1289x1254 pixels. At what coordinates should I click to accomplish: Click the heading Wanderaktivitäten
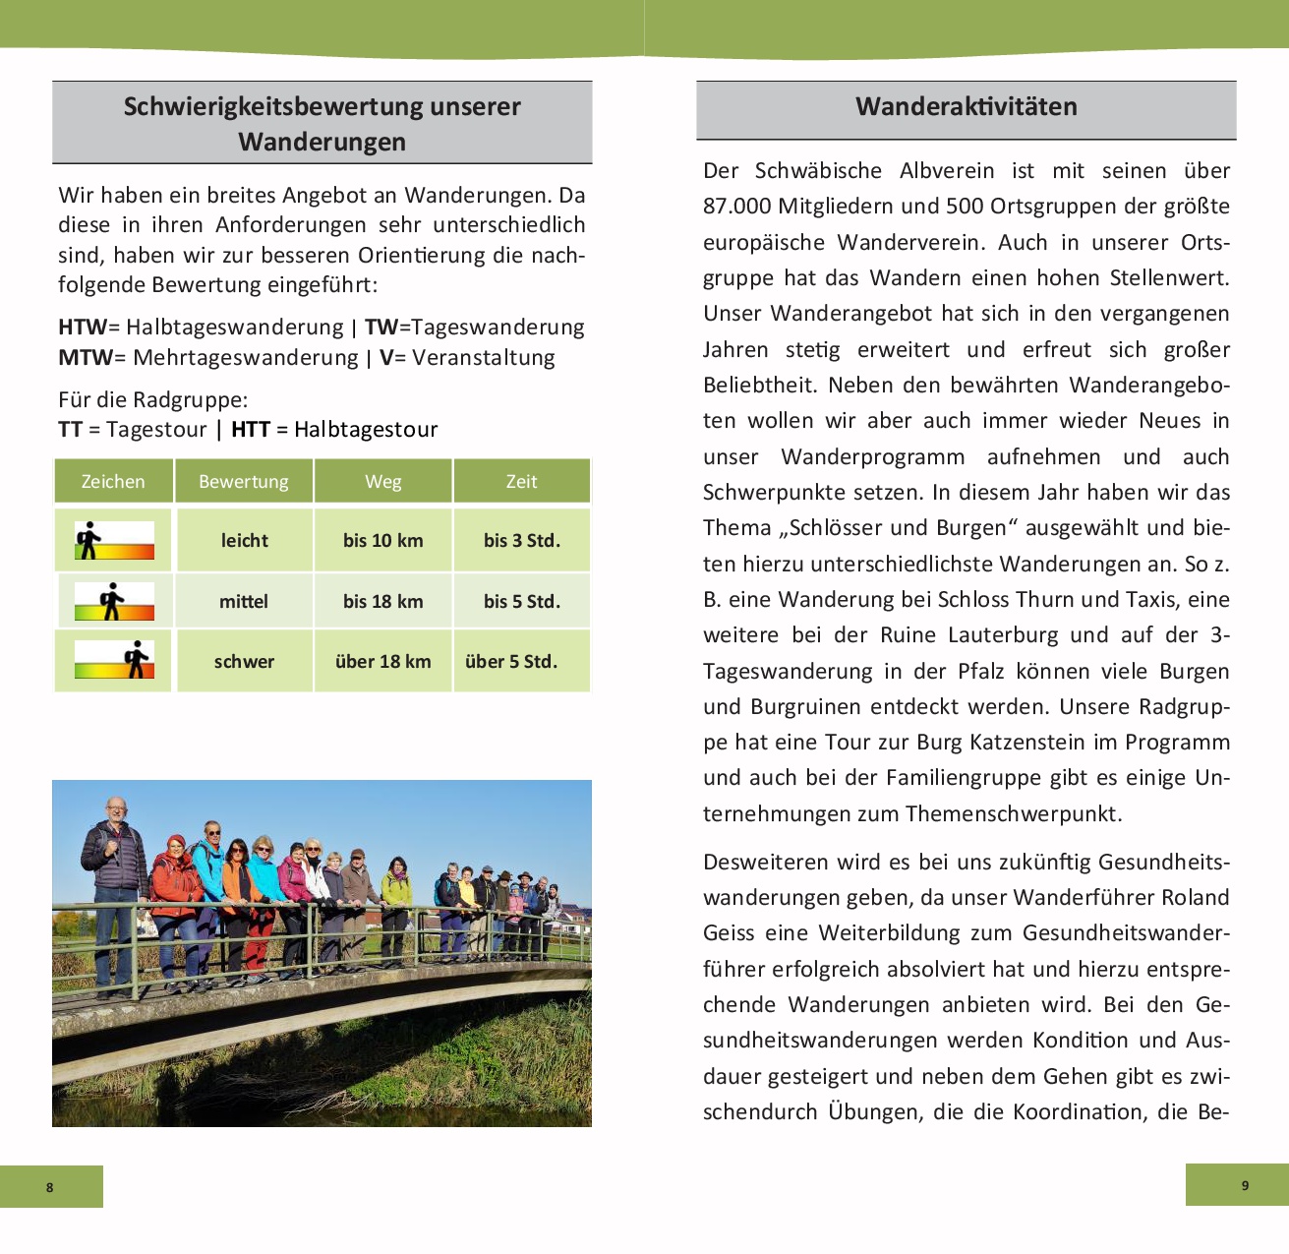[966, 106]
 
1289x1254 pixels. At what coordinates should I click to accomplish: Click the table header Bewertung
[244, 481]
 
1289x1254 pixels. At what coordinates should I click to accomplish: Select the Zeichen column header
[113, 481]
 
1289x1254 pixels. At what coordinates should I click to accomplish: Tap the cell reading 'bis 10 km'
[382, 540]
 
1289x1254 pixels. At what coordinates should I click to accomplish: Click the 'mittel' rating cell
[244, 601]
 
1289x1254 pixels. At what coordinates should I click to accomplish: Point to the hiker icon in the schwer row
[136, 659]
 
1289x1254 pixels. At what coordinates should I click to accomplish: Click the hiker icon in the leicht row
[88, 540]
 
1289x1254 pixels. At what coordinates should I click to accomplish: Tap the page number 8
[50, 1187]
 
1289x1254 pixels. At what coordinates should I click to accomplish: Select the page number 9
[1245, 1185]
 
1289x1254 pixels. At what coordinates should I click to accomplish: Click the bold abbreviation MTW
[86, 357]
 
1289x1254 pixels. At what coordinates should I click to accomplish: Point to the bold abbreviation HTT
[250, 429]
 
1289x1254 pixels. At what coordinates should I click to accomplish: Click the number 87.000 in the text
[737, 206]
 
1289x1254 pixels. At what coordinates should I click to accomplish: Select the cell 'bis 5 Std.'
[521, 601]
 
